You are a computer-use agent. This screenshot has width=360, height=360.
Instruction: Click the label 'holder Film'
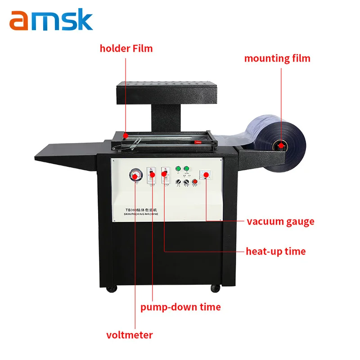point(126,48)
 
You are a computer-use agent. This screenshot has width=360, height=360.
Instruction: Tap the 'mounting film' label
point(277,58)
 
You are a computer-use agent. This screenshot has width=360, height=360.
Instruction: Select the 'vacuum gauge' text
point(280,221)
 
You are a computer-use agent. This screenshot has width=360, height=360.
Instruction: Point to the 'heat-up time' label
point(276,251)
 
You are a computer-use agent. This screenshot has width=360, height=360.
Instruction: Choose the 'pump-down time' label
point(180,307)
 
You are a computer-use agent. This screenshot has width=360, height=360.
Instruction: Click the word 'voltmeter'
point(130,335)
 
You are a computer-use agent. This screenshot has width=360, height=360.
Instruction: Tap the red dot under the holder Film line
point(126,135)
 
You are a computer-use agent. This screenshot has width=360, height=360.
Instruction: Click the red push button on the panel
point(194,182)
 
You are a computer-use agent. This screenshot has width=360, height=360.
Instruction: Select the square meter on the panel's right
point(207,175)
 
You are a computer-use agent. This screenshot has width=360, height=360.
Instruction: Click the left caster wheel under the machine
point(114,288)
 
